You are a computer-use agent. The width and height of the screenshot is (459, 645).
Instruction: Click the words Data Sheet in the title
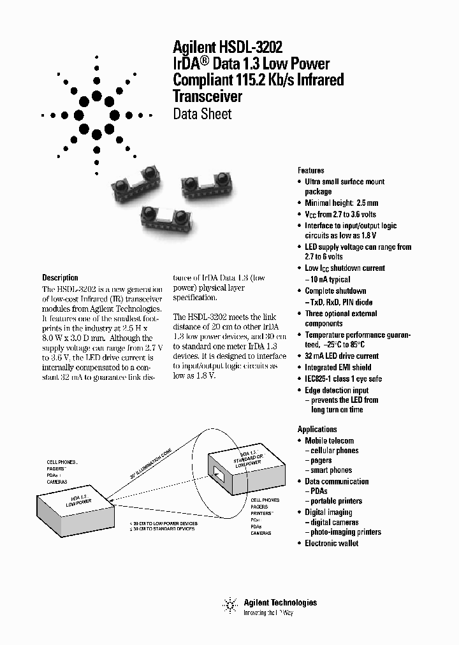202,115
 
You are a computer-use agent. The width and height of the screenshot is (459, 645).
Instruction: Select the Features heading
310,170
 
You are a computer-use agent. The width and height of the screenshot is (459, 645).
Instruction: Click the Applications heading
317,429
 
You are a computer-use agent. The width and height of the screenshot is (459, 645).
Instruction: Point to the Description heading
60,278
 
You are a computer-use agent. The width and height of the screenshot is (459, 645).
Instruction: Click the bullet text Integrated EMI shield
337,367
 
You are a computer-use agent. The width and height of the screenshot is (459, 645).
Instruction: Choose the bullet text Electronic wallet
331,543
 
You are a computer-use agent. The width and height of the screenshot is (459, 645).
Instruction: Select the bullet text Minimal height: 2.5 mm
341,203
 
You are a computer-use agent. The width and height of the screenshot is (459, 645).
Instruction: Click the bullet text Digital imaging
328,512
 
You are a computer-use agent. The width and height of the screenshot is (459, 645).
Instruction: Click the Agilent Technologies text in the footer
280,602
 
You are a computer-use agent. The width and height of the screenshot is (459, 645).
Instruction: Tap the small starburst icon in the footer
229,604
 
